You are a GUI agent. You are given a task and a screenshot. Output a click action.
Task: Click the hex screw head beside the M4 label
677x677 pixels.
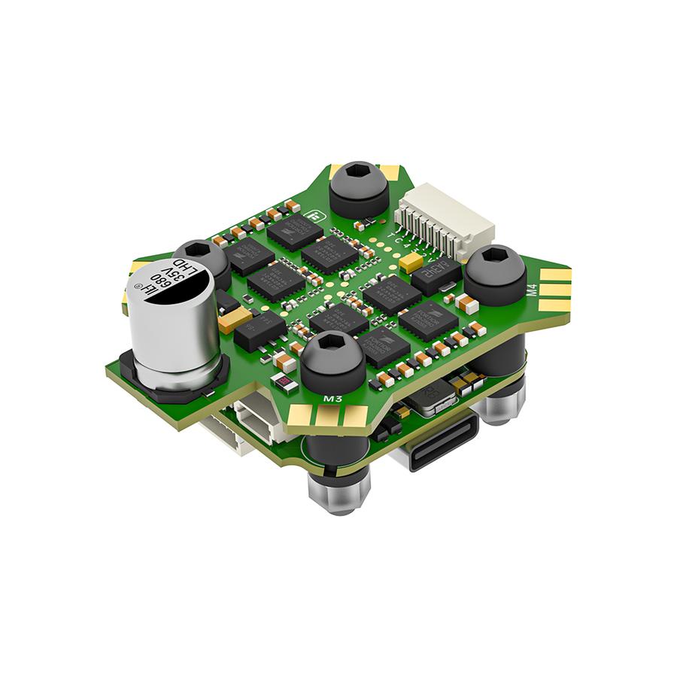(x=495, y=272)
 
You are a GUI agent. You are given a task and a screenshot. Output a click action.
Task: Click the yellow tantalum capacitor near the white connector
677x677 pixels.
(x=411, y=263)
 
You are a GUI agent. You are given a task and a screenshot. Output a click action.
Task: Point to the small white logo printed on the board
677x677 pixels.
(x=313, y=216)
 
